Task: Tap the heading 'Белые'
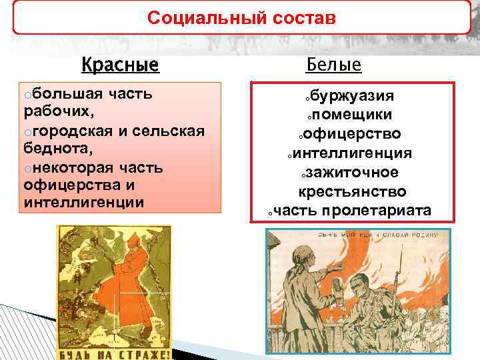pyautogui.click(x=333, y=64)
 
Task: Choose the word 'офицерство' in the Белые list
pyautogui.click(x=353, y=135)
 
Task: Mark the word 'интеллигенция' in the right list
pyautogui.click(x=352, y=153)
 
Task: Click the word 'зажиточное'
pyautogui.click(x=353, y=173)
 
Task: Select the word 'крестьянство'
pyautogui.click(x=352, y=192)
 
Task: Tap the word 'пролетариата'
pyautogui.click(x=377, y=211)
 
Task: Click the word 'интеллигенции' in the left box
pyautogui.click(x=83, y=201)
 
